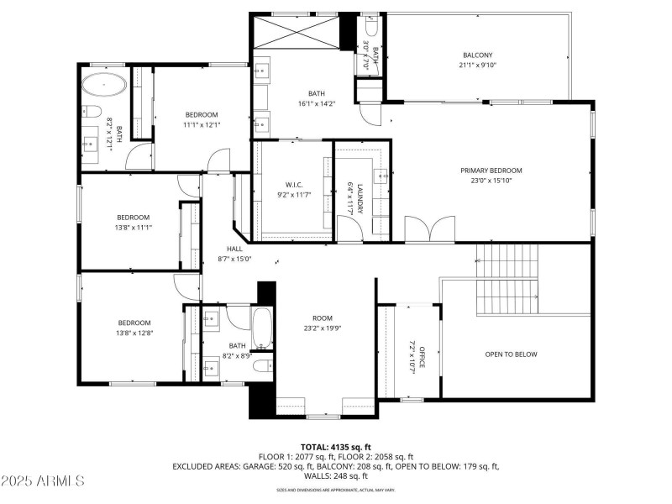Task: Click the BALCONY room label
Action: (x=478, y=55)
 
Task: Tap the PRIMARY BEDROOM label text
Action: (x=491, y=171)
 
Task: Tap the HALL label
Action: (x=234, y=249)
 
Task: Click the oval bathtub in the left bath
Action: (x=105, y=86)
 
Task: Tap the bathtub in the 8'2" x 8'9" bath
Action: (x=262, y=328)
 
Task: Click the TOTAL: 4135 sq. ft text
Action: (x=335, y=446)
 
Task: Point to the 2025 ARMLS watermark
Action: (x=43, y=481)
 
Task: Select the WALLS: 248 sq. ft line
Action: (x=335, y=475)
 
